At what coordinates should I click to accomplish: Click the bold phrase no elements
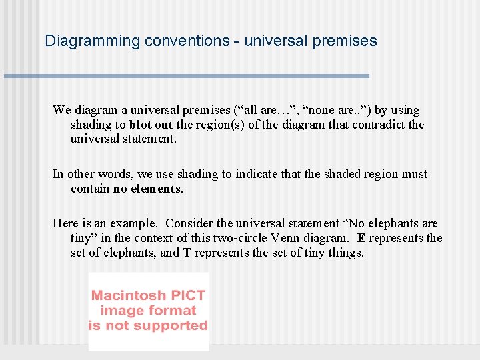tap(147, 189)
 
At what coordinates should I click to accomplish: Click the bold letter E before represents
tap(361, 238)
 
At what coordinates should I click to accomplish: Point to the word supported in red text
tap(175, 325)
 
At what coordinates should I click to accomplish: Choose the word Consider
tap(190, 223)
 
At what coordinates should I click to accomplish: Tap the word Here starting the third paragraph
tap(65, 223)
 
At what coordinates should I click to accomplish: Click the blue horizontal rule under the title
tap(187, 76)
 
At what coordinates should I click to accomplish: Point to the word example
tap(135, 223)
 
